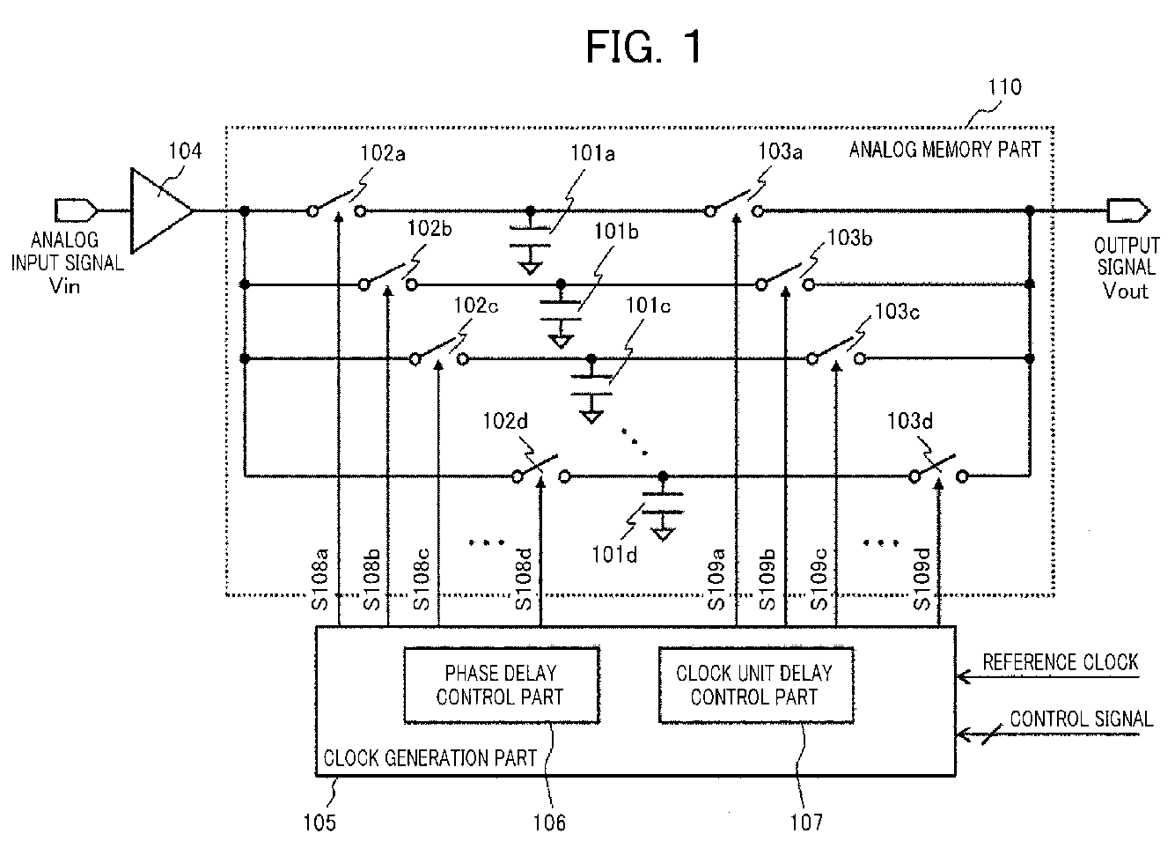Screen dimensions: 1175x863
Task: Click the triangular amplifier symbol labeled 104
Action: (161, 210)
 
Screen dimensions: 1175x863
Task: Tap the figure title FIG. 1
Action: (643, 47)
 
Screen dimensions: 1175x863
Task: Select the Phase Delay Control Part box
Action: (502, 685)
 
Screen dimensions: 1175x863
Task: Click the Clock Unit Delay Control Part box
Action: (756, 685)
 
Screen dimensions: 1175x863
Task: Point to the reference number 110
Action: (1004, 87)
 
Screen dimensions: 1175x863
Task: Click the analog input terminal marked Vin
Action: (76, 210)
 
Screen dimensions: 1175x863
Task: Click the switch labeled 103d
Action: (938, 471)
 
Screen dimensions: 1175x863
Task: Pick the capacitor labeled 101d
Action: (663, 503)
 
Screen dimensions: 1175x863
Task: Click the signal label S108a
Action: (320, 579)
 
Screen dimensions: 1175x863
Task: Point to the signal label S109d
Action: (922, 579)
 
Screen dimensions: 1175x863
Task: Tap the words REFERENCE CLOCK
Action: (1060, 662)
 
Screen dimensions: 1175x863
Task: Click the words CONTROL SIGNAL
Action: (1082, 719)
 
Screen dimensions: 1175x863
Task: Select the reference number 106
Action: (549, 822)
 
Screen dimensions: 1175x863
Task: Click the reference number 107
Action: (806, 822)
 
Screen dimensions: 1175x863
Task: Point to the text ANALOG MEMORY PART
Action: (944, 150)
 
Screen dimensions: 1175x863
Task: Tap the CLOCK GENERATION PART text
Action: (430, 758)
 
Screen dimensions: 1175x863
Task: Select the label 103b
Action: (849, 239)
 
